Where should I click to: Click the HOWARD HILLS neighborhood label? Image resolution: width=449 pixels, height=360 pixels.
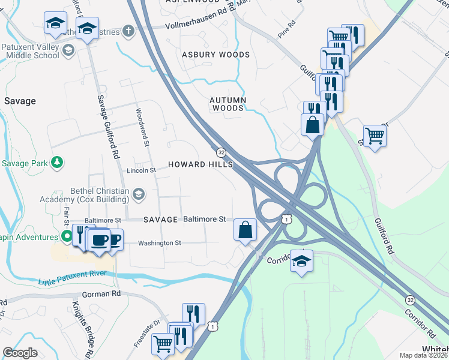pos(200,164)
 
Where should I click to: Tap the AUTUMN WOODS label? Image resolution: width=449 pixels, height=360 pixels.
pos(228,104)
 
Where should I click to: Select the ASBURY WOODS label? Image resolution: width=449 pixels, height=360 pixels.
pos(215,55)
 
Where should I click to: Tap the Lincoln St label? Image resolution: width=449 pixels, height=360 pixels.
pos(141,170)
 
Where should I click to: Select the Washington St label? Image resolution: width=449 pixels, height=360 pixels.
pos(159,243)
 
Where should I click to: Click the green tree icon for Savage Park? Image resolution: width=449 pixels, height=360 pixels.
pos(57,162)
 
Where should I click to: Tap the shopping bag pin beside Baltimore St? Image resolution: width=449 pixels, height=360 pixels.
pos(245,230)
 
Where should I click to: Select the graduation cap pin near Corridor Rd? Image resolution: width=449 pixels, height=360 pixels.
pos(301,260)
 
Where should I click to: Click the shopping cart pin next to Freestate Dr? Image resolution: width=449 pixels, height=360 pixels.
pos(163,344)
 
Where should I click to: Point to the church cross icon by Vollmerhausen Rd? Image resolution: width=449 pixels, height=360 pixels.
pos(127,31)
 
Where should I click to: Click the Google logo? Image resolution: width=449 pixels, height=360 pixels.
pos(20,353)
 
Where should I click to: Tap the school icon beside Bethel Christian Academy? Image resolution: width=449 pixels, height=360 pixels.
pos(139,193)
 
